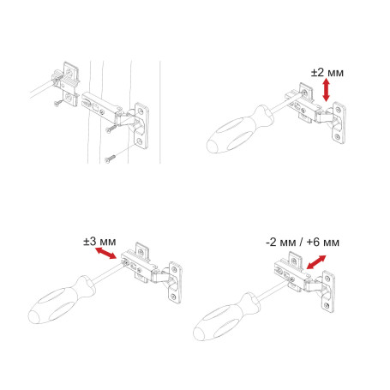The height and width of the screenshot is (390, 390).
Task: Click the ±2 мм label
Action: pyautogui.click(x=326, y=74)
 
